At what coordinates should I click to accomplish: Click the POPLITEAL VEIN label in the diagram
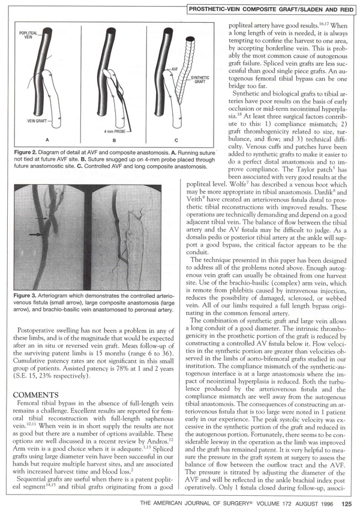coord(28,34)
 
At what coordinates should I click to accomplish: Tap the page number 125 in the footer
coord(347,504)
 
